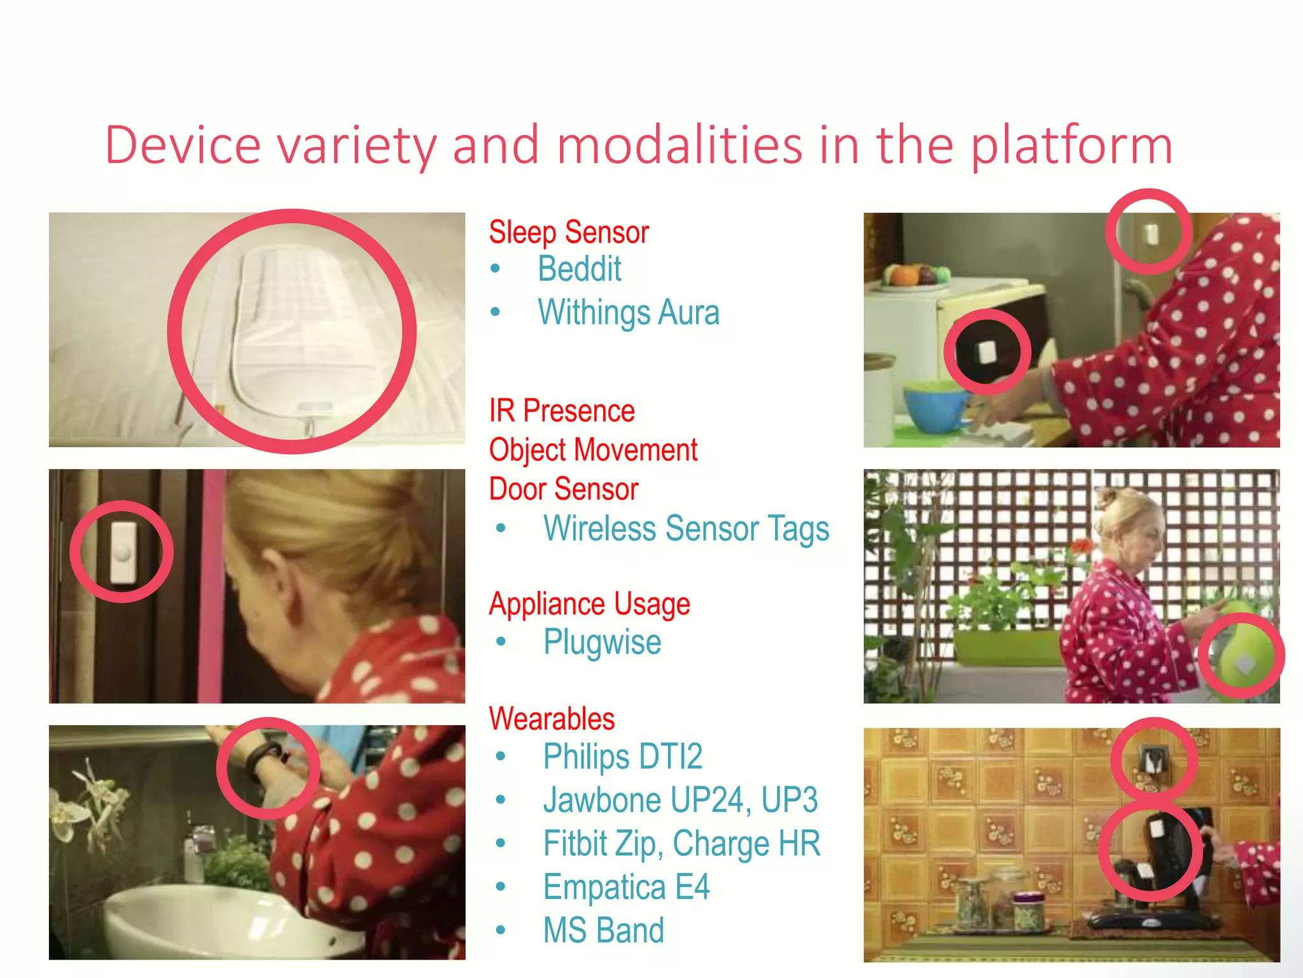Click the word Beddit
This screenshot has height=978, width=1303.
(x=579, y=269)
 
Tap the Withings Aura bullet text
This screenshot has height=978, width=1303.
(x=628, y=313)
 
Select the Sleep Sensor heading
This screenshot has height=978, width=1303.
(x=568, y=232)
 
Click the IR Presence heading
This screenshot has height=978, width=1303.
(x=561, y=411)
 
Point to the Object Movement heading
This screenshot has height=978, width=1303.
(x=592, y=450)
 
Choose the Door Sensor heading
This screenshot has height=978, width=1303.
(x=563, y=489)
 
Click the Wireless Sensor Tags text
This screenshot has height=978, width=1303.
(x=686, y=528)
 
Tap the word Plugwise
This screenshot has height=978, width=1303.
(x=602, y=642)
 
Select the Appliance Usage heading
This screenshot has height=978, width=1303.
(x=589, y=604)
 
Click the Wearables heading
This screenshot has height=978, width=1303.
(x=552, y=719)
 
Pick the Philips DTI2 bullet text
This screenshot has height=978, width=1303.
(x=622, y=757)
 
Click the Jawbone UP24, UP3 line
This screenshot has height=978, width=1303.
(x=680, y=800)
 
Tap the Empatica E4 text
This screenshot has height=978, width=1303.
(x=626, y=887)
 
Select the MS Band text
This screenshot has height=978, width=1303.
(x=603, y=930)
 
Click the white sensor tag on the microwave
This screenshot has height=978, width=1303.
(x=987, y=351)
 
